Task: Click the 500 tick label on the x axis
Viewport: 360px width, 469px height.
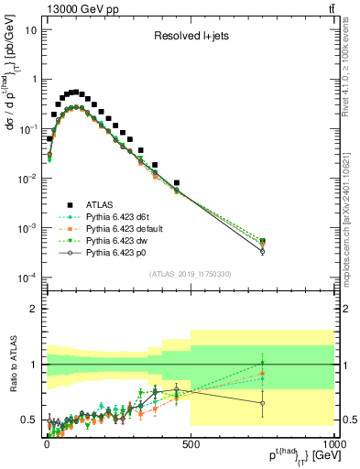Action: (191, 442)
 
